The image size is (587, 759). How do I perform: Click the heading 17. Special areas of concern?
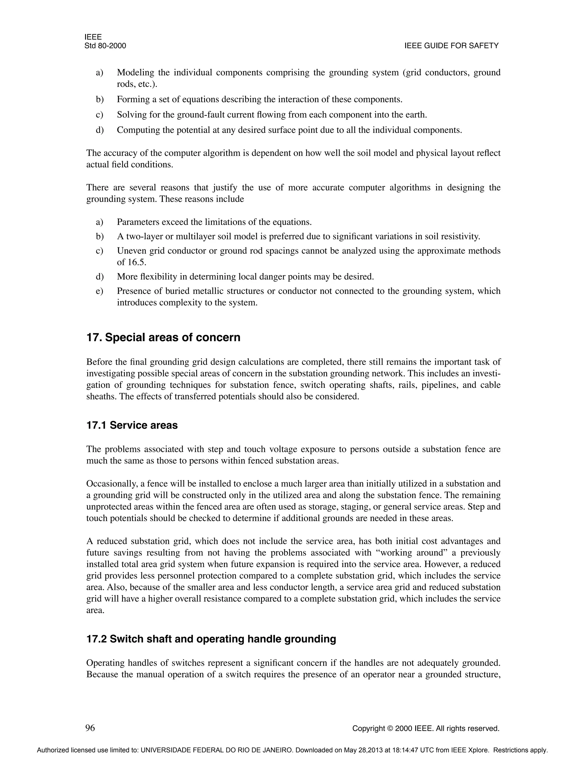163,337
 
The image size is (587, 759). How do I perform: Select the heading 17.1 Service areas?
132,425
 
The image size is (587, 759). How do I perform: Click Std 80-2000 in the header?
105,46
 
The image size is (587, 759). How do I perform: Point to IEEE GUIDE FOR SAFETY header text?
451,46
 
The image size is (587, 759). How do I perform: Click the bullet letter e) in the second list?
99,291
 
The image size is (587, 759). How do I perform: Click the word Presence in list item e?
132,291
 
